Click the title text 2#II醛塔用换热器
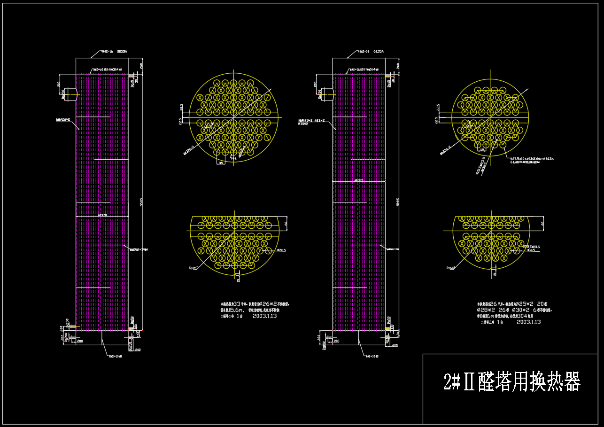tap(512, 382)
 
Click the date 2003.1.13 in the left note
tap(264, 317)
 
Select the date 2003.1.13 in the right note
tap(528, 322)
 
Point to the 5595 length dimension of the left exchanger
tap(141, 202)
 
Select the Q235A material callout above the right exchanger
tap(379, 52)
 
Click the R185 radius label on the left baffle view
tap(193, 268)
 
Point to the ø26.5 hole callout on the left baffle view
tap(281, 250)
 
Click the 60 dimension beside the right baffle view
tap(542, 224)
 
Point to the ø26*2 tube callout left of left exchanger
tap(63, 119)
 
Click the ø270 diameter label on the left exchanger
tap(102, 215)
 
